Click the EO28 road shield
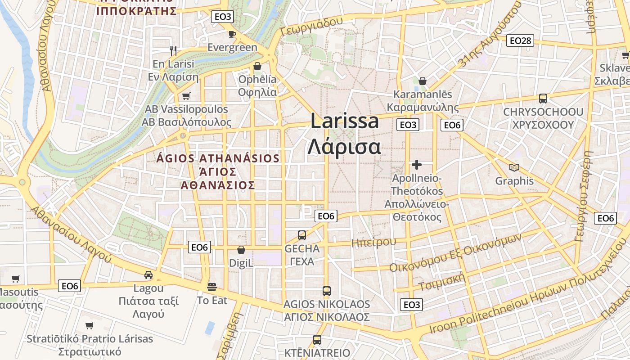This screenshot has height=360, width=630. [x=521, y=41]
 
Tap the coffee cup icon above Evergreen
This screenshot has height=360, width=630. [x=232, y=34]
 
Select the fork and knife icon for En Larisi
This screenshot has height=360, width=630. [x=173, y=50]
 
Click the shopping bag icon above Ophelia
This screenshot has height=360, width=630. [x=257, y=67]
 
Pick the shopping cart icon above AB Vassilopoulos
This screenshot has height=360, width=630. [x=186, y=96]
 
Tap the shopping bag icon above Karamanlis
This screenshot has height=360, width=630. [x=423, y=81]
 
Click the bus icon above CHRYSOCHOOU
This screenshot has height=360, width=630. [x=543, y=99]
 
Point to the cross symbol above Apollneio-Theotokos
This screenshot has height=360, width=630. [x=417, y=165]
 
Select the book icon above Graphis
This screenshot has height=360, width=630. [x=514, y=168]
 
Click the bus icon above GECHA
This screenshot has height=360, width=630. [x=302, y=235]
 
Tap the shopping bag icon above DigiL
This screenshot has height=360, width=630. [x=241, y=250]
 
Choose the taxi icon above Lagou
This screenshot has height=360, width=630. [x=148, y=275]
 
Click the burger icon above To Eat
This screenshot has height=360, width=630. [x=212, y=287]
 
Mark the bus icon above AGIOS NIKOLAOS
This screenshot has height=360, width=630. [x=327, y=291]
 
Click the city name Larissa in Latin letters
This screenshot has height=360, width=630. [x=345, y=121]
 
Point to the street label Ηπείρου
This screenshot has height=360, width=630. [x=373, y=243]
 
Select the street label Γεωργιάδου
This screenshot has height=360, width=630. [x=311, y=27]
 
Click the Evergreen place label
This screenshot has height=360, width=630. [x=232, y=47]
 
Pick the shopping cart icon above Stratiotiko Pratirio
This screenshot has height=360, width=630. [x=90, y=325]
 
